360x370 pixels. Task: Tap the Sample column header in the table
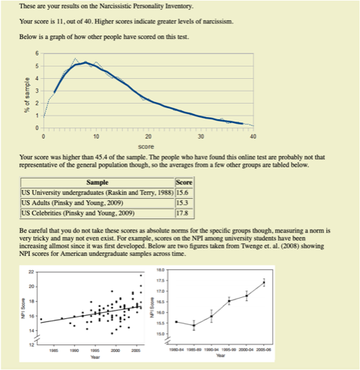click(x=96, y=183)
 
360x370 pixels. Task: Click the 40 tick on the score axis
click(x=253, y=136)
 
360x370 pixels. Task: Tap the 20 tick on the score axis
click(x=148, y=136)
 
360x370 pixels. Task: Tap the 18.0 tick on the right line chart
click(x=160, y=269)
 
